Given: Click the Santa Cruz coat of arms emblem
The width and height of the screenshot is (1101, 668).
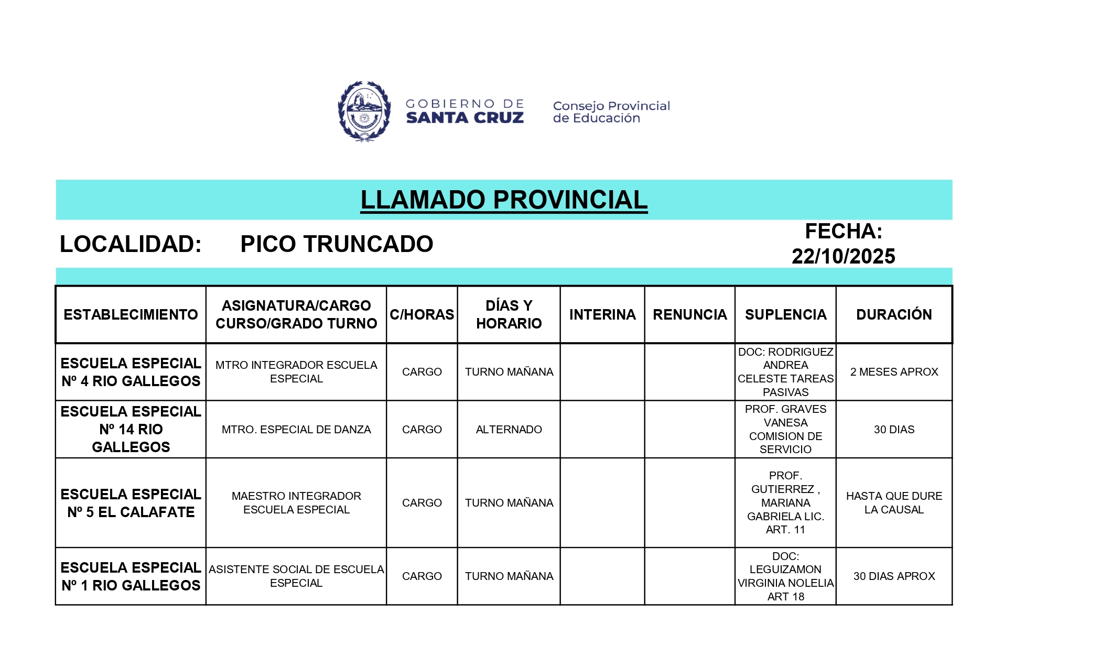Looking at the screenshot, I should coord(364,111).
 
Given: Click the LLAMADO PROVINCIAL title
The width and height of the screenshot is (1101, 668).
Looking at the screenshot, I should coord(504,200).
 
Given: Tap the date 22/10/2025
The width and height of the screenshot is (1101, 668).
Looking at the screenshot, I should coord(843,256).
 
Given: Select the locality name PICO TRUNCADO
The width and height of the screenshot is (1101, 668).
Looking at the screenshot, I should coord(337,244).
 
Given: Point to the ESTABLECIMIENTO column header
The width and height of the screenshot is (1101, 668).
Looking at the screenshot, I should coord(131,314).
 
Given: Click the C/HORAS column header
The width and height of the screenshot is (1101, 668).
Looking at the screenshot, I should coord(422,314).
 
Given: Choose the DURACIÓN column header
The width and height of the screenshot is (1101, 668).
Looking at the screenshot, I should coord(893,314).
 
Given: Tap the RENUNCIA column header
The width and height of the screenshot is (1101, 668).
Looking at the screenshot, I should coord(689,314).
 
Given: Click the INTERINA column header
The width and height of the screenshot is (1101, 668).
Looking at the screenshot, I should coord(602,314).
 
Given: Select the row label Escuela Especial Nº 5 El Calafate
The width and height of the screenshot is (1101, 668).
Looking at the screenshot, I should coord(131,503).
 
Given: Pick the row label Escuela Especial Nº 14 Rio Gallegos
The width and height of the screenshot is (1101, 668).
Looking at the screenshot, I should coord(131,429).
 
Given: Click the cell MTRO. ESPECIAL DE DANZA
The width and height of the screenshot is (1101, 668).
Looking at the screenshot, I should coord(296,430).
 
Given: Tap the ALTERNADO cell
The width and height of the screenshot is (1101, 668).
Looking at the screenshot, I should coord(509,430).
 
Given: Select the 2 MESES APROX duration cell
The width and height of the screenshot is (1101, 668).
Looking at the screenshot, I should coord(894,372).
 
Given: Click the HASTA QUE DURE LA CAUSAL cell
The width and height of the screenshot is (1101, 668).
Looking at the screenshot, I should coord(894,503).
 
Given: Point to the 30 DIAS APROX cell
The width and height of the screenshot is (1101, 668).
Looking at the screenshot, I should coord(894,576).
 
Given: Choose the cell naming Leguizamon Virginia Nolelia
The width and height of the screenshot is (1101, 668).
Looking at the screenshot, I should coord(785,576).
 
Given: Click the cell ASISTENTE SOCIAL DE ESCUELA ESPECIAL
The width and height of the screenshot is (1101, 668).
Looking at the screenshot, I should coord(296,576).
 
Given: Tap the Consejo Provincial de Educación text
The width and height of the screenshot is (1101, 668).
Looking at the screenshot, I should coord(611,112).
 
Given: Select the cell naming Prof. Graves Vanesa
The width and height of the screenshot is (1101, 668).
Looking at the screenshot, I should coord(785,429).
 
